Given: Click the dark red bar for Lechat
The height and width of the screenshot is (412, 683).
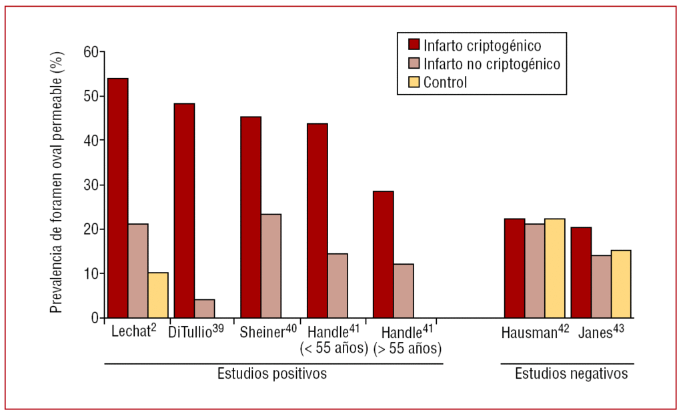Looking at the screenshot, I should pos(118,198).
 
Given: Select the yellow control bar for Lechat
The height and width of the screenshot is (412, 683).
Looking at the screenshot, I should pos(158,295).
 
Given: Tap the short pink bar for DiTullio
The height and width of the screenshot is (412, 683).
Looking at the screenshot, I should pos(204,308).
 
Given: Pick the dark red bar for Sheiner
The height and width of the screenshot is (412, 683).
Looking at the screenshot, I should pos(251,217).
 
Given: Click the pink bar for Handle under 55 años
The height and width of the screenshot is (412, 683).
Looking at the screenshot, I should pos(337,285).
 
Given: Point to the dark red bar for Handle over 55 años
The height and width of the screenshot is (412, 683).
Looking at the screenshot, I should pos(383,254).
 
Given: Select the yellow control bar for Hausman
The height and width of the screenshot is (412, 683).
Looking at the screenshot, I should pos(554,268).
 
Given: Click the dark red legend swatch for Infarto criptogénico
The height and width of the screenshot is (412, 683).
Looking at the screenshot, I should pos(414,45).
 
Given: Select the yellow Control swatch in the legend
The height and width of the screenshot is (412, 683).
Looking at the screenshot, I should pos(414,83).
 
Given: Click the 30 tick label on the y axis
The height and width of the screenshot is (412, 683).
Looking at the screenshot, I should pos(91,185).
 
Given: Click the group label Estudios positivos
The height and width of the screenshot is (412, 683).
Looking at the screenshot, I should pos(272,373).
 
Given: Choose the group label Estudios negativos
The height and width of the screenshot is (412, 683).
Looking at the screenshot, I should pos(571,373).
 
